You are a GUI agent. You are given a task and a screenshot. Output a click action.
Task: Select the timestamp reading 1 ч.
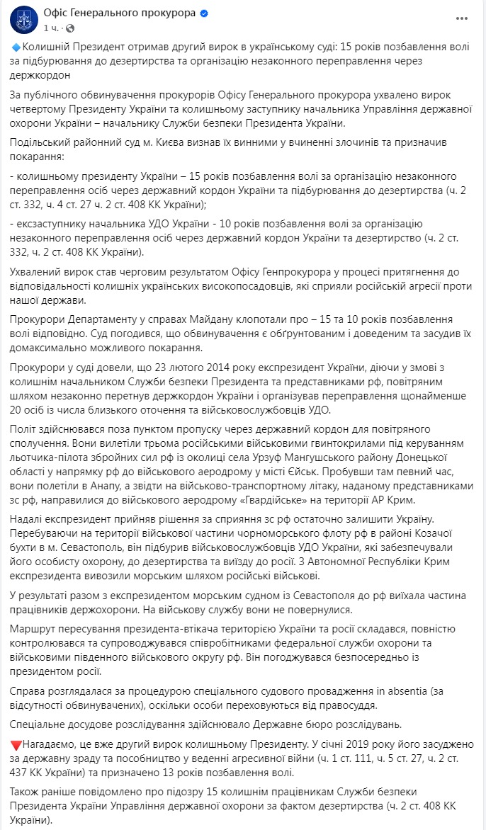(50, 28)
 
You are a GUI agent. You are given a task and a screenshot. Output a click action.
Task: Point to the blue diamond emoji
(17, 47)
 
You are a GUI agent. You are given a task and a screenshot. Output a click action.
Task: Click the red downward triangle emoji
(17, 745)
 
